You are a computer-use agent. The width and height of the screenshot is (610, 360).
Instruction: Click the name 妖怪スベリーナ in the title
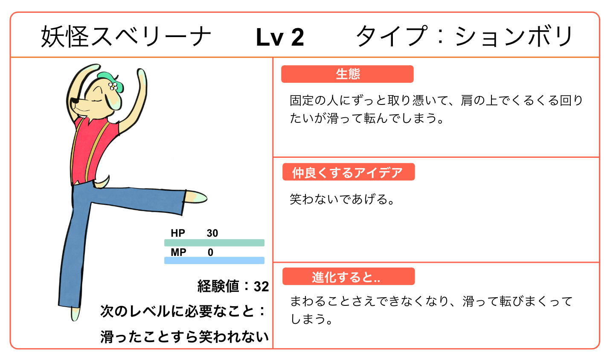[126, 37]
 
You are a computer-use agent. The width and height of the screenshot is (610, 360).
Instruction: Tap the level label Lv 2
[280, 38]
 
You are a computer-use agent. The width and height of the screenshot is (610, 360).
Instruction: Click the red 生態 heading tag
[347, 74]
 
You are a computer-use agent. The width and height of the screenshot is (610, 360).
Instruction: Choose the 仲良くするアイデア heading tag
[348, 172]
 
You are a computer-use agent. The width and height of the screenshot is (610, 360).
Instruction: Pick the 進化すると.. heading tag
[348, 277]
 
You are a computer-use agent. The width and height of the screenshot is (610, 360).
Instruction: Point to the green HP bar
[214, 243]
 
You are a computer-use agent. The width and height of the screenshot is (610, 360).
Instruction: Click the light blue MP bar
[214, 260]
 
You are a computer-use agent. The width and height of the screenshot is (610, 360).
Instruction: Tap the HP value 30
[212, 233]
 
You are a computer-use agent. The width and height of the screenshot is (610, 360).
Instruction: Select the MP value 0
[210, 253]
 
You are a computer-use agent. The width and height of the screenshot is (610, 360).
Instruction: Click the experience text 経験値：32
[233, 286]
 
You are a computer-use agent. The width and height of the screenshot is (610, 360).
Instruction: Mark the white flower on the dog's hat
[113, 86]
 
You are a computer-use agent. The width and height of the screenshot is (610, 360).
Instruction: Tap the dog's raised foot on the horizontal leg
[196, 197]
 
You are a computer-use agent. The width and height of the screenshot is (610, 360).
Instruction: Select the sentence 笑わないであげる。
[342, 199]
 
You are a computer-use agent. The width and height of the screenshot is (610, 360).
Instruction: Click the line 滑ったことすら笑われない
[184, 337]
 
